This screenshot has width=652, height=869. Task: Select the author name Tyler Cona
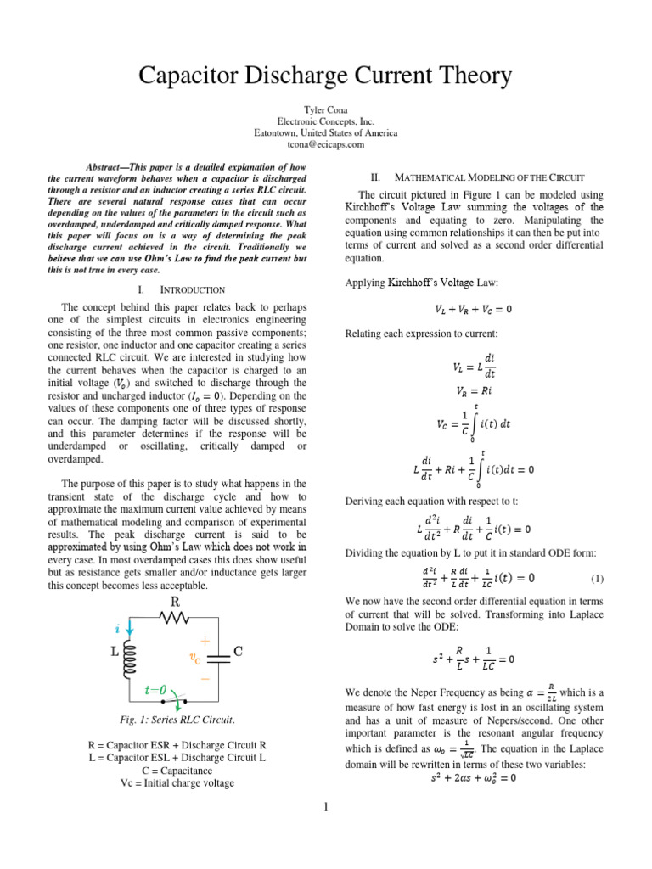pos(325,111)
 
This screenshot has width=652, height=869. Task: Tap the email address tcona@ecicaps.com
pos(325,144)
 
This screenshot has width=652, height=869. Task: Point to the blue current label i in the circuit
pos(116,630)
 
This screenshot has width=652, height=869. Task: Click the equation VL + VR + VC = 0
pos(481,308)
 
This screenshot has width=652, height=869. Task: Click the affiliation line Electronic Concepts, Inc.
pos(325,122)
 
